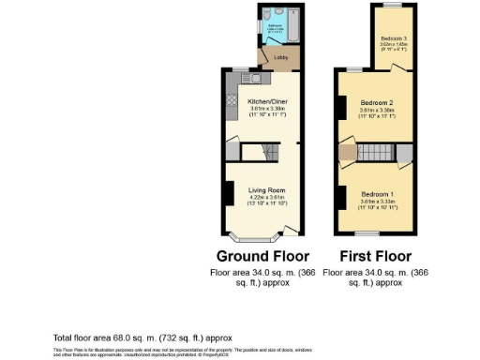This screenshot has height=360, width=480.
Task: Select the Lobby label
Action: tap(279, 58)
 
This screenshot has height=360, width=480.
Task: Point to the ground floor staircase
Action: tap(255, 152)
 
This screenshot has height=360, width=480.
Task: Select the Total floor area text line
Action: tap(142, 337)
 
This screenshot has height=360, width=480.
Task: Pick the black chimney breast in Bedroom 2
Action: tap(338, 106)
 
